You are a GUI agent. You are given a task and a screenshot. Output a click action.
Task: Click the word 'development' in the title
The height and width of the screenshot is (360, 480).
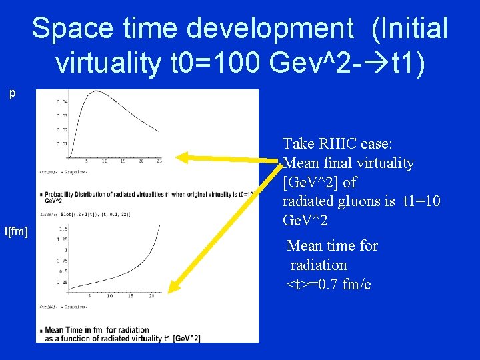click(270, 28)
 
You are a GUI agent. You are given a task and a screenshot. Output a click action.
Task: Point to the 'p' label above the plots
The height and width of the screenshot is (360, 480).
click(12, 94)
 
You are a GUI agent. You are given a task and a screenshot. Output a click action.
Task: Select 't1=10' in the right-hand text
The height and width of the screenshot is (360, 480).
click(419, 201)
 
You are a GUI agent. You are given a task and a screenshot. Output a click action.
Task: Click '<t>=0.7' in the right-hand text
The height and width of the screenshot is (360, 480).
click(313, 285)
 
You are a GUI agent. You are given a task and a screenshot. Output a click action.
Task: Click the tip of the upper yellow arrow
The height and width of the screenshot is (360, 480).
click(177, 157)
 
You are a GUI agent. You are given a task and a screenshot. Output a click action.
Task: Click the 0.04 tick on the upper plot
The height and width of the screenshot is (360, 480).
click(62, 101)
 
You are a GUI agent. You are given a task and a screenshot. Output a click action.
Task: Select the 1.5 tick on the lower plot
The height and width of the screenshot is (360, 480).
click(62, 228)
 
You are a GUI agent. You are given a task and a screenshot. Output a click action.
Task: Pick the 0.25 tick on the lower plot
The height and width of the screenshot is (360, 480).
click(62, 281)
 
